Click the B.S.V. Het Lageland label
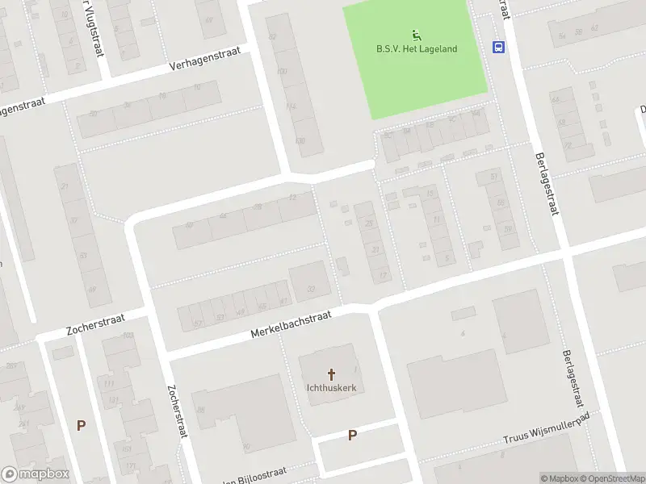coord(417,48)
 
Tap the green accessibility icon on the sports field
coord(417,35)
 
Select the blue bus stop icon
coord(499,47)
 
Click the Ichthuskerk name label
coord(332,387)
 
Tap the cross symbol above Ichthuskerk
coord(332,374)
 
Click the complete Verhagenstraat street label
coord(205,62)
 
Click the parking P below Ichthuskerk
coord(352,436)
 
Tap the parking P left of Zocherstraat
coord(80,425)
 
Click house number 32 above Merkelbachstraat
coord(311,288)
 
